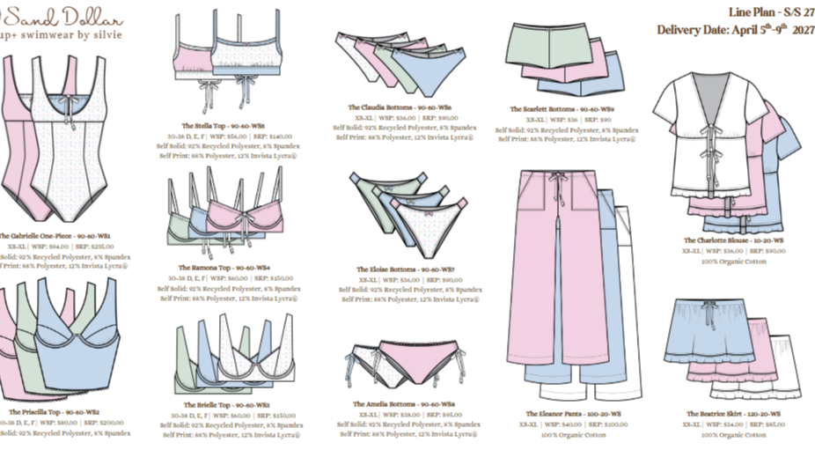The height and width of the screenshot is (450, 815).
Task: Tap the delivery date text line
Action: (735, 30)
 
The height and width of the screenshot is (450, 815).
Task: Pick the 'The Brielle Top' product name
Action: (205, 404)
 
